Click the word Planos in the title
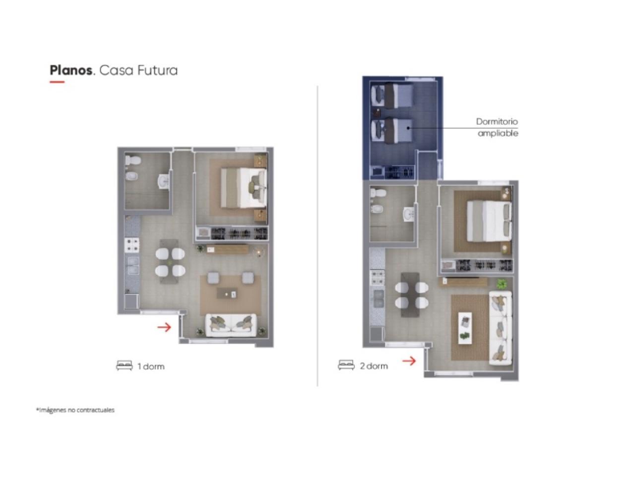click(71, 71)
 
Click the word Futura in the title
click(157, 71)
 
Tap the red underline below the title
click(57, 82)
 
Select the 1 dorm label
click(151, 366)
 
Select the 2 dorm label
click(374, 366)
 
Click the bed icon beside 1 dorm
click(124, 366)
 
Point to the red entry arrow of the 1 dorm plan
click(164, 327)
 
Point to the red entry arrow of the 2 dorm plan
click(409, 361)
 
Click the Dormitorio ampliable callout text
click(497, 127)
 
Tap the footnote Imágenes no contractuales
click(75, 410)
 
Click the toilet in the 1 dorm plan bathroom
click(133, 159)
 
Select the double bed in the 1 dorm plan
click(244, 188)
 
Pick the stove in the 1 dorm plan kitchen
click(131, 245)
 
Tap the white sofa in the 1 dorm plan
click(231, 325)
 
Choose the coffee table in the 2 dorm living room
click(465, 327)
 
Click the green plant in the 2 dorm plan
click(502, 284)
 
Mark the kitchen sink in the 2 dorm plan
click(379, 299)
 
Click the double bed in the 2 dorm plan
click(489, 221)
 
